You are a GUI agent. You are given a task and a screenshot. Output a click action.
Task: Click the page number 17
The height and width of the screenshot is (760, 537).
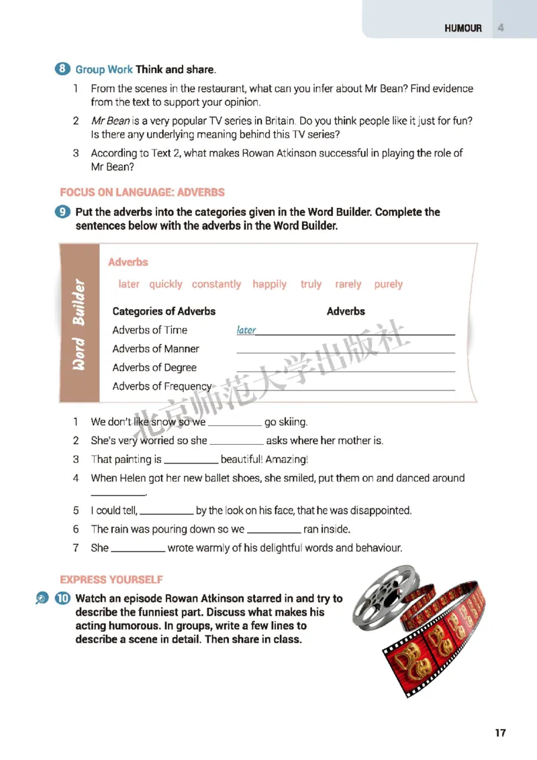(500, 732)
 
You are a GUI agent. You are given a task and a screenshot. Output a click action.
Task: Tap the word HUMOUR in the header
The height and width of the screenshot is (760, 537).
(462, 28)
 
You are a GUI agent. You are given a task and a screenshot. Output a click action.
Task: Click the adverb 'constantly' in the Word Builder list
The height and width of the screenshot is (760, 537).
(216, 284)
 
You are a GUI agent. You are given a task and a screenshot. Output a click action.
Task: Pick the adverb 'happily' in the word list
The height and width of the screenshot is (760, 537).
(269, 284)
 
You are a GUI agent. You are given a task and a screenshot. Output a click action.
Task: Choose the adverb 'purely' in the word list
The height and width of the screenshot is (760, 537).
(388, 284)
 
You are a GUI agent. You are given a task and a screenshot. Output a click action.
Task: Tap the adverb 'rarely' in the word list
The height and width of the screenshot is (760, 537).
(348, 284)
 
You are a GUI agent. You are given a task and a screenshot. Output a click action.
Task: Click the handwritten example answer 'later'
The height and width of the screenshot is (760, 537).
(246, 330)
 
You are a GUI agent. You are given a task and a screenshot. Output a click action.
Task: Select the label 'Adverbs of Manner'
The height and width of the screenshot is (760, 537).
(156, 349)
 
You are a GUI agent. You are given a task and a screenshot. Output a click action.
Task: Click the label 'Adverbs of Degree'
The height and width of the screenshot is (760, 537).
(154, 368)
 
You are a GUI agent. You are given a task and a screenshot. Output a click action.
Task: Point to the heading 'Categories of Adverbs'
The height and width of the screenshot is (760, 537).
(164, 311)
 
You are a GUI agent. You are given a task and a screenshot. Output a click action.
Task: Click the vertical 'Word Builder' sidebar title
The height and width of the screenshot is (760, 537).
(79, 323)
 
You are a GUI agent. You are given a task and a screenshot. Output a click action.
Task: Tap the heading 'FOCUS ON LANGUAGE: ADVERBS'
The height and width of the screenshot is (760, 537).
(142, 193)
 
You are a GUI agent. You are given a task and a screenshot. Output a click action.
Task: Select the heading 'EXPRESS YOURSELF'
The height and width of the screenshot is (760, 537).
(111, 580)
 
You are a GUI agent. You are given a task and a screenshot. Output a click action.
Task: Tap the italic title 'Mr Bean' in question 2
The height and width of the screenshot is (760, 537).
(111, 121)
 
